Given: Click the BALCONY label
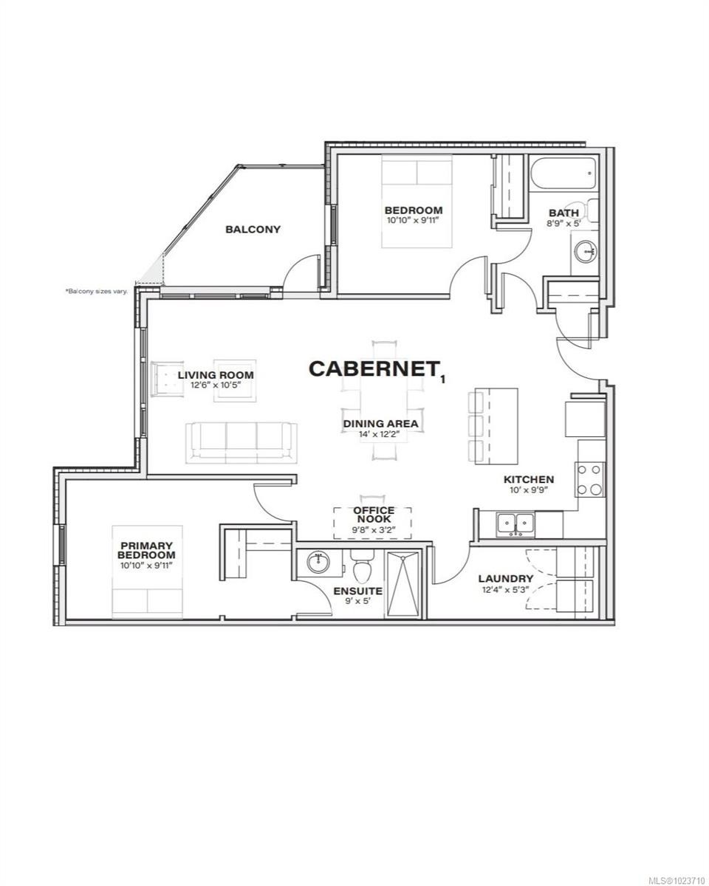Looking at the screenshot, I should (x=253, y=229).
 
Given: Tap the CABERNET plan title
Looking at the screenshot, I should (x=370, y=368).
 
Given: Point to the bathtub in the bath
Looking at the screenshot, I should (x=562, y=177).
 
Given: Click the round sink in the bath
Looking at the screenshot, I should (x=587, y=253).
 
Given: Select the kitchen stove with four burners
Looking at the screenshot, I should (x=590, y=478).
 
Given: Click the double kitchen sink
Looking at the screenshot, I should (x=516, y=523).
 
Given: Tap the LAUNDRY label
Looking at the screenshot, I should (x=505, y=578).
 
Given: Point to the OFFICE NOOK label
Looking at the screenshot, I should (x=373, y=515).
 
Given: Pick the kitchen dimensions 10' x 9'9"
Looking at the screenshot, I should (x=528, y=490).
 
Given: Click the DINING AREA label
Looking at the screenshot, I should (x=380, y=424).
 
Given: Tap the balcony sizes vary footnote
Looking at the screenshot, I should (x=97, y=292).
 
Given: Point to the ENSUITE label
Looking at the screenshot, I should (x=357, y=591).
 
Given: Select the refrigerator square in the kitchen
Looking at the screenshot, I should (x=585, y=419).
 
